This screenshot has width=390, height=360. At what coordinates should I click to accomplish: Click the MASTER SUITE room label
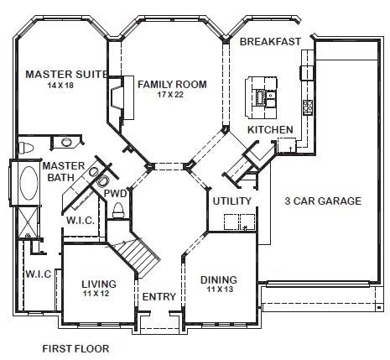coord(66,74)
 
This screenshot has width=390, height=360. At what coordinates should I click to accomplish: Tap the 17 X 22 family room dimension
coord(170,95)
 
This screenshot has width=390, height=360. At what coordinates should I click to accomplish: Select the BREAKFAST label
coord(270,42)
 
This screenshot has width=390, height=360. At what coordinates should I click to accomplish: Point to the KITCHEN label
coord(270,130)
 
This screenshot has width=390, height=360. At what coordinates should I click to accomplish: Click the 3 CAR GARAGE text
coord(323,201)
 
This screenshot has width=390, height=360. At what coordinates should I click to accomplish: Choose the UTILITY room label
coord(232,201)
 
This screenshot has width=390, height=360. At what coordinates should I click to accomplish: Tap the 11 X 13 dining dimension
coord(220,289)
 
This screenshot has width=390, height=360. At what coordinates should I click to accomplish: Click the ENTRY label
coord(159,296)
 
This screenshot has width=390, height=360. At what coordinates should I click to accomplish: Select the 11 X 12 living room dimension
coord(96,294)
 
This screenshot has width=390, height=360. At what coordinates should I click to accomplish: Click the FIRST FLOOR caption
coord(75,349)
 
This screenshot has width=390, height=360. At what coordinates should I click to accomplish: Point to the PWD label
coord(115,194)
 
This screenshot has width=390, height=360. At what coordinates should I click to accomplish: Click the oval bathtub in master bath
coord(29,183)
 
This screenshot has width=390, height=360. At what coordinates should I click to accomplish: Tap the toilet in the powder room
coord(118,210)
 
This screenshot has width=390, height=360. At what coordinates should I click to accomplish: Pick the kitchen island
coord(262,97)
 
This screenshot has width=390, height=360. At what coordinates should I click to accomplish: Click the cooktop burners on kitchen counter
coord(308,107)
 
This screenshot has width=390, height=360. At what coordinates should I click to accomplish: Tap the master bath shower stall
coord(28,222)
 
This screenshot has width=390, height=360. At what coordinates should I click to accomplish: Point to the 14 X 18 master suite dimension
coord(60,85)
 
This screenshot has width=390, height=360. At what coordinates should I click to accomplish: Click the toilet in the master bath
coord(26,148)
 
